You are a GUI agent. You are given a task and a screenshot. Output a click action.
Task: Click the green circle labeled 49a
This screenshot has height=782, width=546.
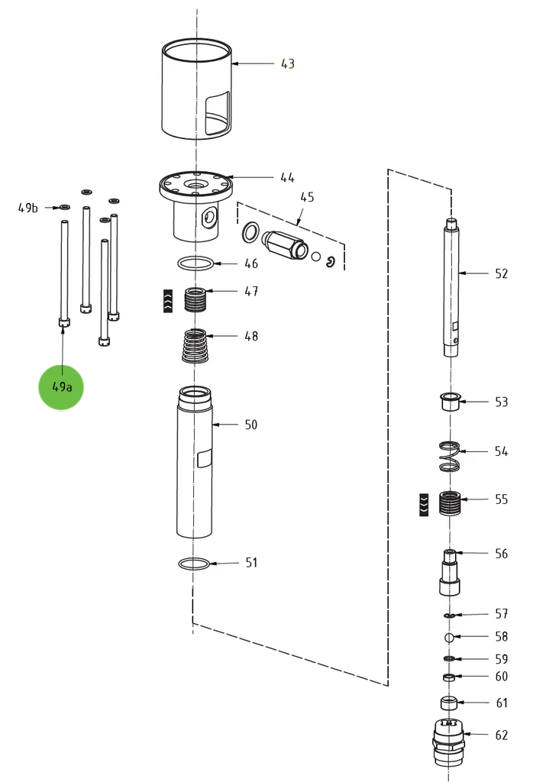[x=61, y=386]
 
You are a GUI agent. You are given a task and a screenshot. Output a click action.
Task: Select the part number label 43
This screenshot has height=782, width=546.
[x=287, y=64]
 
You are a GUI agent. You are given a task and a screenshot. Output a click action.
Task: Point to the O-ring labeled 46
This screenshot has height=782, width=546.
[x=196, y=263]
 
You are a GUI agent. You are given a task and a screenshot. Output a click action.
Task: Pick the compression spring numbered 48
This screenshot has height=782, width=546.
[x=197, y=346]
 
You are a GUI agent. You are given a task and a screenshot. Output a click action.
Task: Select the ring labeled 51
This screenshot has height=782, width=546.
[x=194, y=564]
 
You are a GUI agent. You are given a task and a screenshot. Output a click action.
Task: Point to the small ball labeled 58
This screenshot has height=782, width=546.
[x=450, y=637]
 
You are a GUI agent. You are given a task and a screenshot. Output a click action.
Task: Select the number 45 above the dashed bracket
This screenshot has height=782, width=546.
[x=306, y=197]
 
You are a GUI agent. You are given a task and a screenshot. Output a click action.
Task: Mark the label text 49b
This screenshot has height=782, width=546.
[x=28, y=208]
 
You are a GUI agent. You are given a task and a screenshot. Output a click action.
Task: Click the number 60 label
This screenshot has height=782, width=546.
[x=501, y=677]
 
